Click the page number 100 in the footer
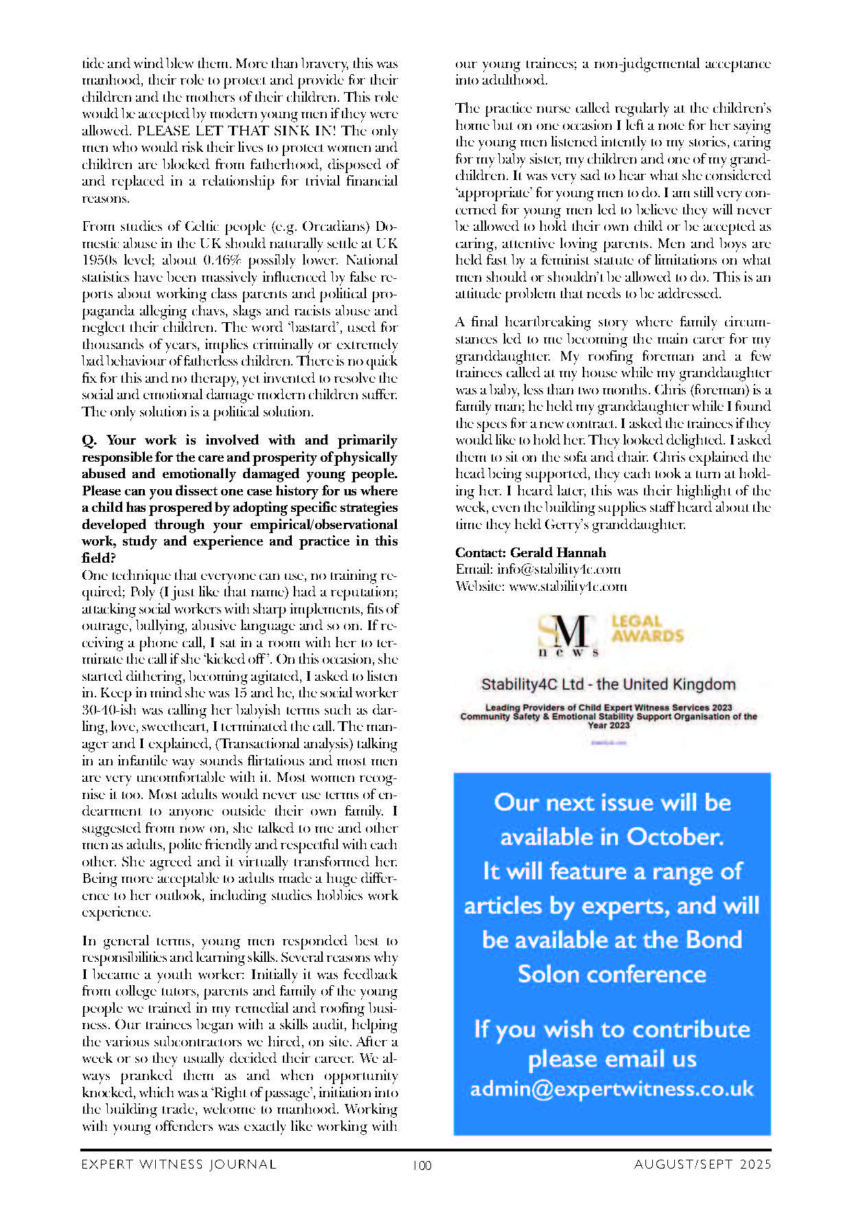click(x=422, y=1164)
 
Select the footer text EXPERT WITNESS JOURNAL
click(x=179, y=1164)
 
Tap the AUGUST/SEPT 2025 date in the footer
click(x=702, y=1164)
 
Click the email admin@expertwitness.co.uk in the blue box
click(x=612, y=1089)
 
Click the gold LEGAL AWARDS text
click(x=647, y=629)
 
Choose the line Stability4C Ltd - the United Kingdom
click(x=608, y=684)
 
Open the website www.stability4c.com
click(x=567, y=586)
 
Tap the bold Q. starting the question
click(x=90, y=440)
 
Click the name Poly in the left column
click(x=142, y=592)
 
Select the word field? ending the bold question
click(x=99, y=558)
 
